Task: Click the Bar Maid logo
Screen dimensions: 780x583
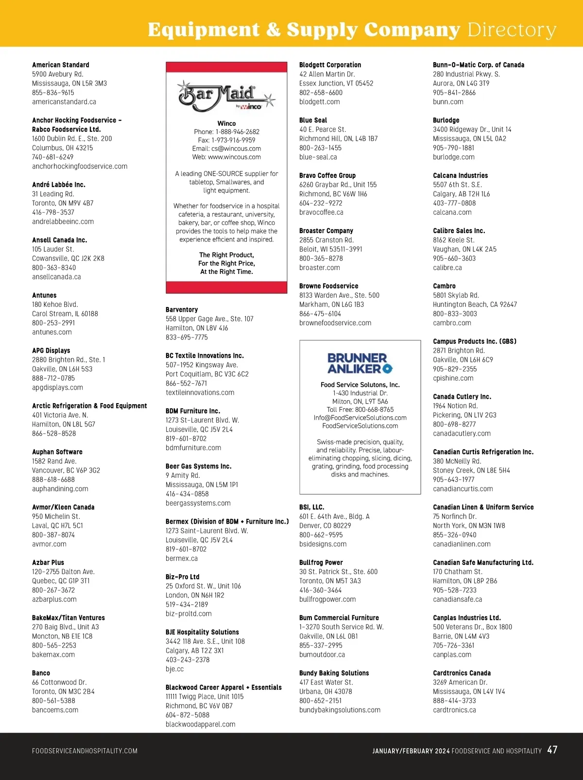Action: (x=226, y=95)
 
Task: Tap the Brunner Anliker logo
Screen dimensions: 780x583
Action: (x=360, y=363)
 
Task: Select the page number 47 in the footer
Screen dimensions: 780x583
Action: (x=552, y=750)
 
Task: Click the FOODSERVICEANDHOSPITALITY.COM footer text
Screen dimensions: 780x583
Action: (x=85, y=751)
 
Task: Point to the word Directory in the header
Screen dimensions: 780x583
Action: (x=512, y=30)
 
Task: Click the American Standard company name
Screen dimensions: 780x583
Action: (x=61, y=65)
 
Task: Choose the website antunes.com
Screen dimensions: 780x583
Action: (x=52, y=332)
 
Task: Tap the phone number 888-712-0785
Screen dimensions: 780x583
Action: (x=53, y=378)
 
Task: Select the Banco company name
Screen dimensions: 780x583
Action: (x=41, y=673)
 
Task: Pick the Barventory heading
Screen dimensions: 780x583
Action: (x=182, y=309)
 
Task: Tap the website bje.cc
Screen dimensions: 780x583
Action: (x=175, y=669)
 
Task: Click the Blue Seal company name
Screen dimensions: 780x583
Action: (x=313, y=120)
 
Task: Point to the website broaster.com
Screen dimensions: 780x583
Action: (x=320, y=268)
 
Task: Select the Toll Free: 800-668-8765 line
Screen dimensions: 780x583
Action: (x=360, y=409)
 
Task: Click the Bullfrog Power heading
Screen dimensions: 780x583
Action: (x=321, y=562)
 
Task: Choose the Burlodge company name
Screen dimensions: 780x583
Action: (x=446, y=120)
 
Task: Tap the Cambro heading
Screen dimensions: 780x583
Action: (x=444, y=286)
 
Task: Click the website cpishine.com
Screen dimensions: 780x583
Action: (x=453, y=378)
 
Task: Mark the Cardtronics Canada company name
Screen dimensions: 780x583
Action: (x=462, y=673)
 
